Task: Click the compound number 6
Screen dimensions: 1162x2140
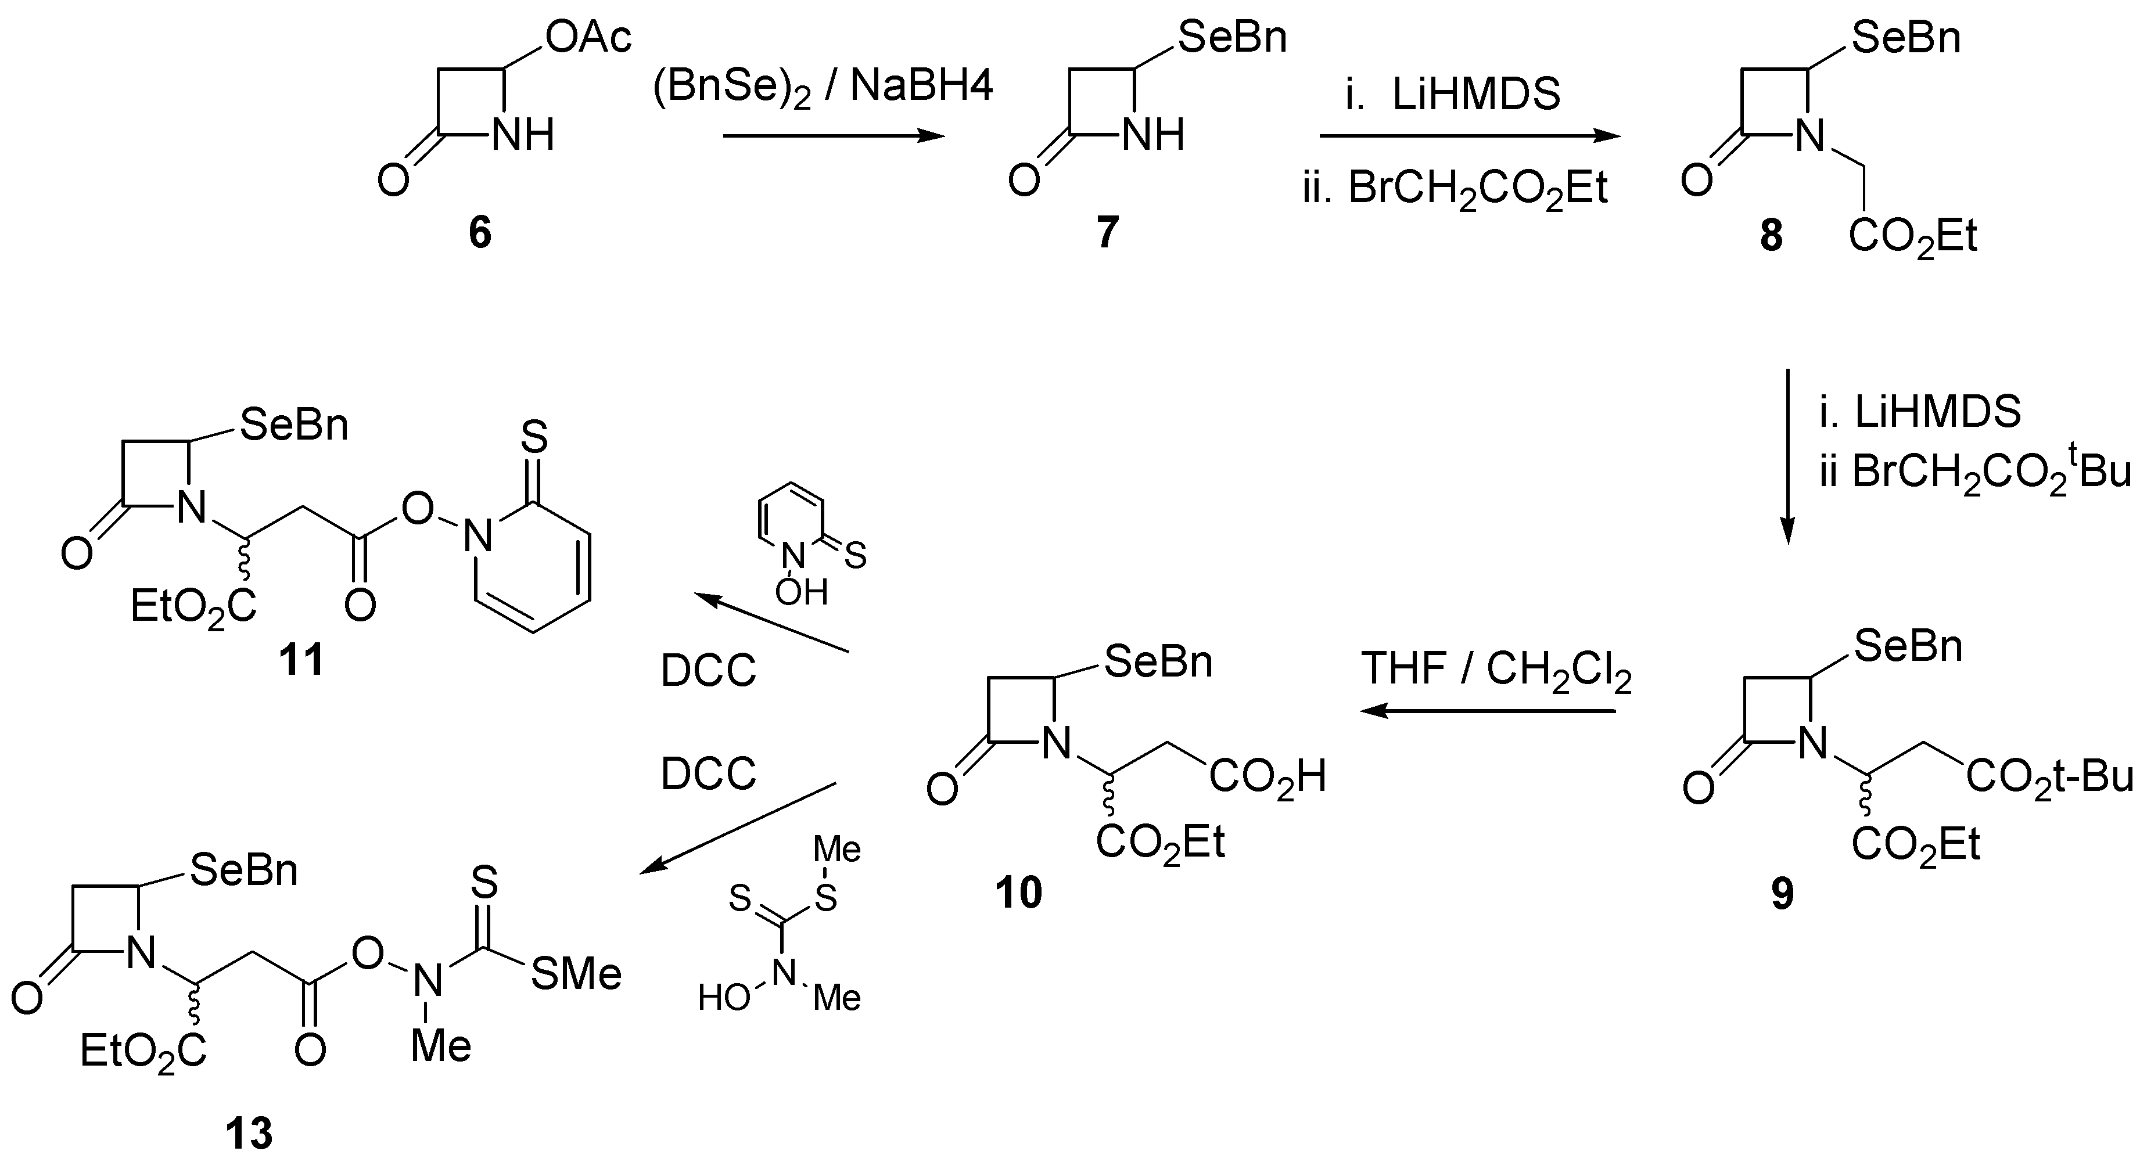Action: click(x=479, y=233)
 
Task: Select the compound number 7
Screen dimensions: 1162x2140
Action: click(x=1107, y=233)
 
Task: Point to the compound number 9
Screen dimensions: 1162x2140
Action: click(x=1782, y=894)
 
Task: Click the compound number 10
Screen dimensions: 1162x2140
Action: click(x=1018, y=893)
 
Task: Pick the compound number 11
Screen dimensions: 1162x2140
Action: click(x=301, y=661)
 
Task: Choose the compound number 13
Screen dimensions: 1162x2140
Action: click(x=249, y=1132)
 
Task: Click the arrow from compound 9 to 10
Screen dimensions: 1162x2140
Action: click(x=1487, y=711)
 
